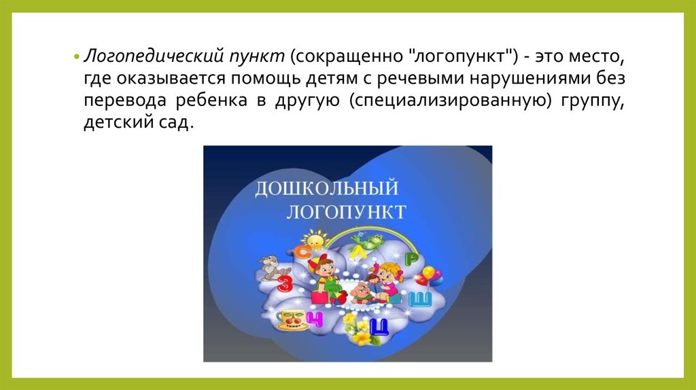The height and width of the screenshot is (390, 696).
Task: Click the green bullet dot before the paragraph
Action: pos(76,57)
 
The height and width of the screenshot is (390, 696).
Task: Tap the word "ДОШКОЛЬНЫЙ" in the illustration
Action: pos(326,188)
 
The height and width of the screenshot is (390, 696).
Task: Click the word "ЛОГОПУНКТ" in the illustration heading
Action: pos(346,212)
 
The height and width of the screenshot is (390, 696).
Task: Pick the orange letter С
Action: pos(304,252)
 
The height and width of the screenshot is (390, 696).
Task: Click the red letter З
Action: pos(285,283)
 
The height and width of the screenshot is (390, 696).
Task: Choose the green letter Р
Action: pos(412,260)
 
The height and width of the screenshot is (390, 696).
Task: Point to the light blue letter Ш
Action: pos(419,300)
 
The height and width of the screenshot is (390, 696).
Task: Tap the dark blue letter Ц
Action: pos(379,327)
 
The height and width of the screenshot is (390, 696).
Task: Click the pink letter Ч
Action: pos(314,319)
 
